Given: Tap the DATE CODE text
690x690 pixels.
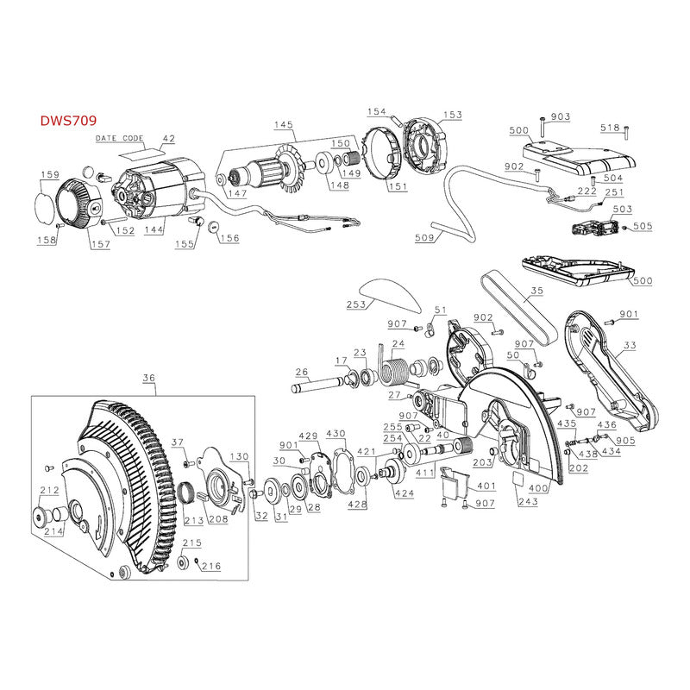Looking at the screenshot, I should (120, 138).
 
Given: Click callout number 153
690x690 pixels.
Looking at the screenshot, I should (453, 115).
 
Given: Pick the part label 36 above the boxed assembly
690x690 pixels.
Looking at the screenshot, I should (148, 377).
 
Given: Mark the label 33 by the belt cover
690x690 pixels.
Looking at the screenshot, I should (630, 346).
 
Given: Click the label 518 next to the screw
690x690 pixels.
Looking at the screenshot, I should (611, 128).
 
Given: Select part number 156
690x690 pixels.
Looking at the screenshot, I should (229, 238).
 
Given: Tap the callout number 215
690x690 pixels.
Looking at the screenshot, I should (191, 543).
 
